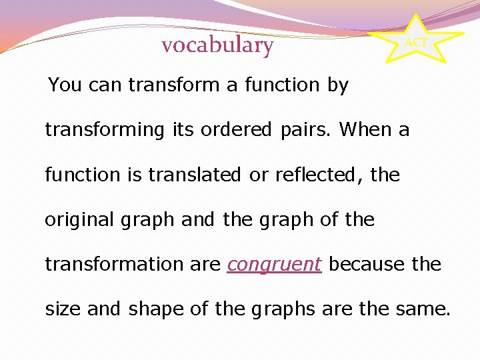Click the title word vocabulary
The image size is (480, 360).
click(217, 45)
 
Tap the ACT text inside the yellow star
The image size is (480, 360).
click(416, 43)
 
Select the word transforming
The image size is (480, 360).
click(104, 130)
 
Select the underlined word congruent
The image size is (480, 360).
click(274, 265)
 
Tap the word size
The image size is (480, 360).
click(63, 309)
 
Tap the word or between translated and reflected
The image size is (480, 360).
click(256, 175)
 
